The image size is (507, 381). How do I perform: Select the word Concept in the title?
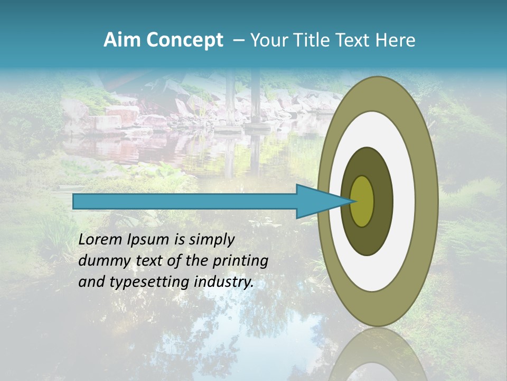tap(185, 40)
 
